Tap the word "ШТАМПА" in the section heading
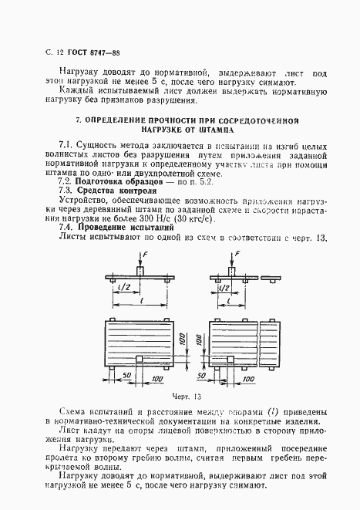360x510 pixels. point(204,130)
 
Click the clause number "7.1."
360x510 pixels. point(66,145)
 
